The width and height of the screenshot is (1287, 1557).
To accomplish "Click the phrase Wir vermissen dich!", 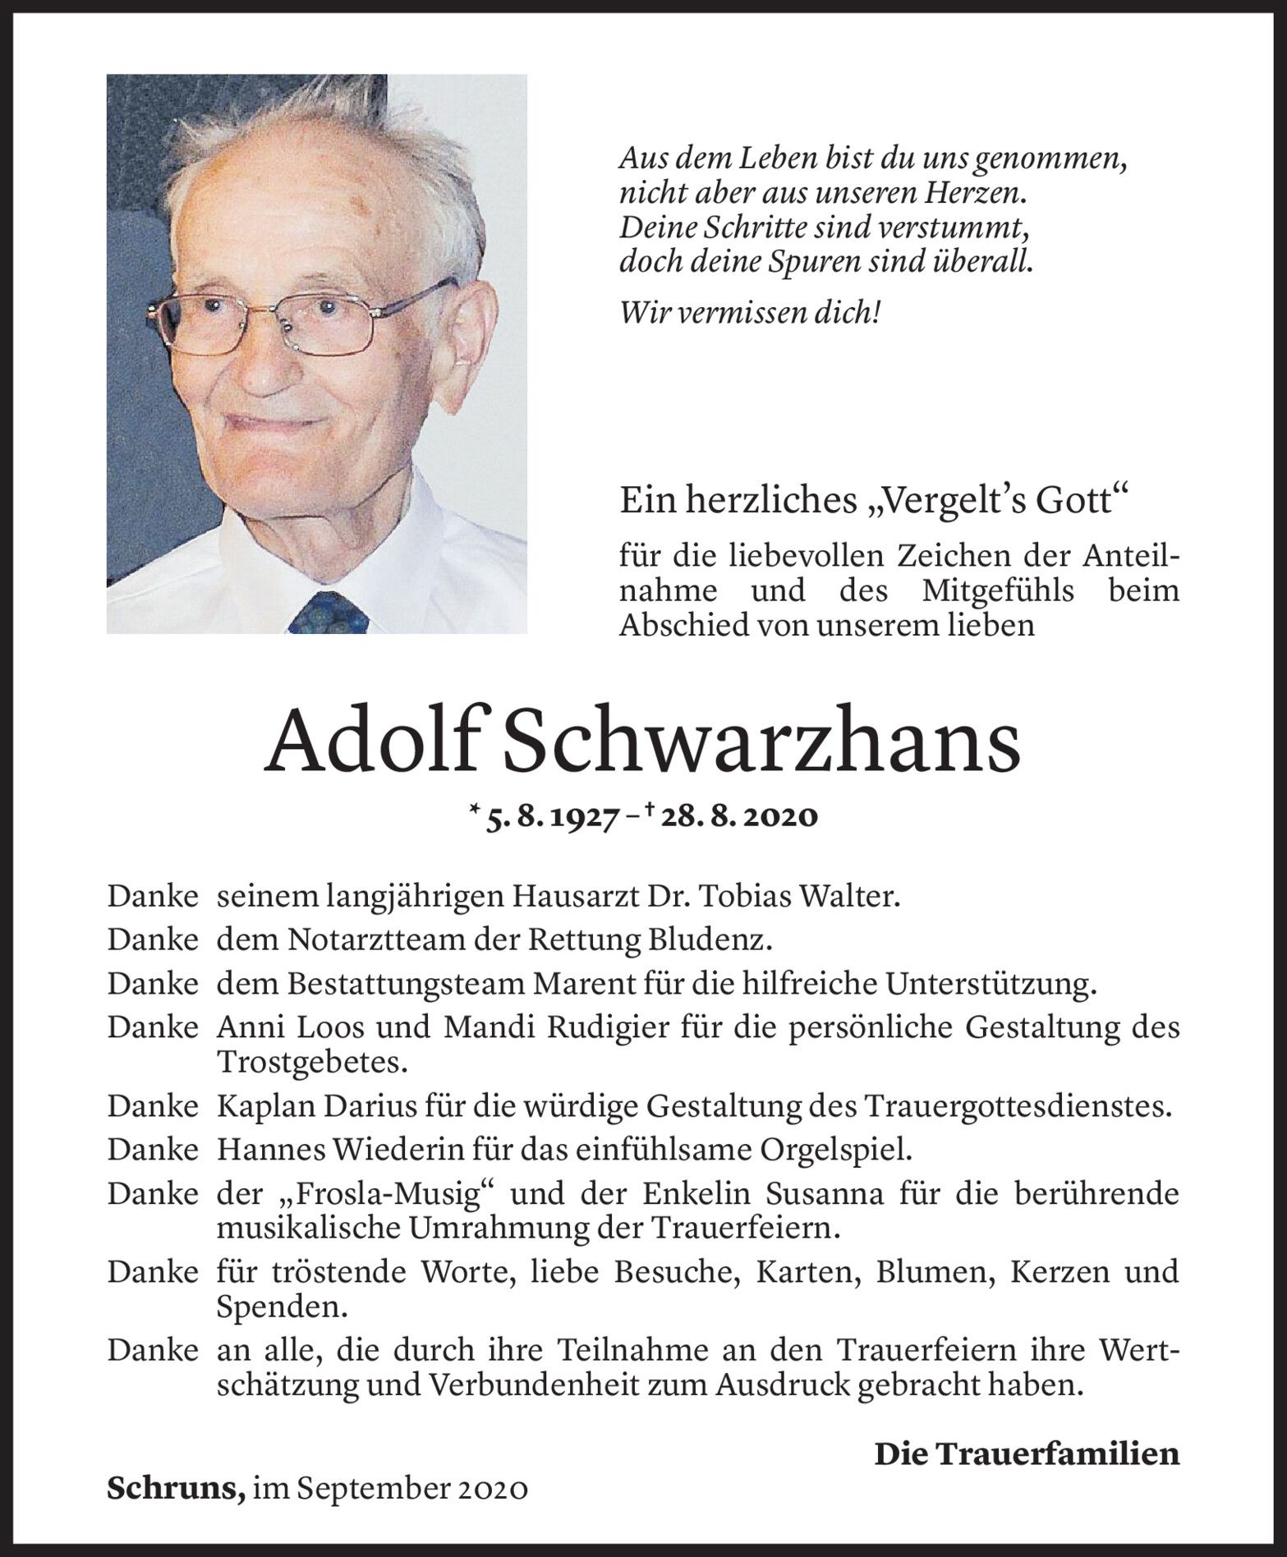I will [x=750, y=313].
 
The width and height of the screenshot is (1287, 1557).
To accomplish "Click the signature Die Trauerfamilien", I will [x=1026, y=1454].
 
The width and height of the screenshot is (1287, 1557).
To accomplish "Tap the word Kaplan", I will [x=260, y=1107].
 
